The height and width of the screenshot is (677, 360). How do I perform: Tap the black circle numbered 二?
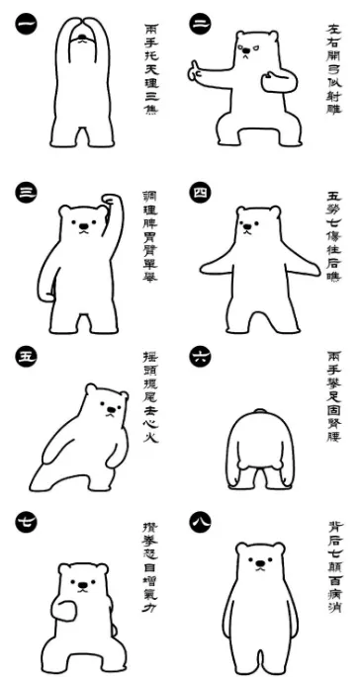201,23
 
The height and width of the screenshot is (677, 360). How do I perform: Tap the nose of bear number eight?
260,564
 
